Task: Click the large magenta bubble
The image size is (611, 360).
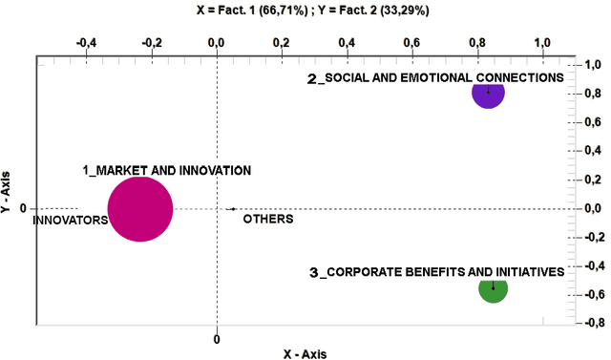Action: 140,209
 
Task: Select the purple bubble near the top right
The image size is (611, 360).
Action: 489,93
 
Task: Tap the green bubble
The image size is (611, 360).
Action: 494,287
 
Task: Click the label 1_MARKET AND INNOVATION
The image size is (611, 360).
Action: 166,170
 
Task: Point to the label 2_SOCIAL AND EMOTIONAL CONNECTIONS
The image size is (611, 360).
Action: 435,78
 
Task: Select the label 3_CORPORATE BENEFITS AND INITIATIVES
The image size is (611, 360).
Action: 437,272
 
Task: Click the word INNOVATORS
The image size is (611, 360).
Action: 70,220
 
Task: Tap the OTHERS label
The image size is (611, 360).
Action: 267,219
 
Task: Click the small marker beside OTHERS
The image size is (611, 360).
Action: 232,208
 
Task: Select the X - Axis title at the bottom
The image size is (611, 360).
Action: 305,352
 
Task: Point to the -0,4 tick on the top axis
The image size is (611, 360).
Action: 86,43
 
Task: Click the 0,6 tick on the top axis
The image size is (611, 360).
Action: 411,43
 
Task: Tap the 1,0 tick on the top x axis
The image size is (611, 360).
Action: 542,43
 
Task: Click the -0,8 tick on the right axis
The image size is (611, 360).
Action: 591,323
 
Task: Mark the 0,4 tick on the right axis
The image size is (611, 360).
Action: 593,151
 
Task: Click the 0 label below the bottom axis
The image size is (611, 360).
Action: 217,338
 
